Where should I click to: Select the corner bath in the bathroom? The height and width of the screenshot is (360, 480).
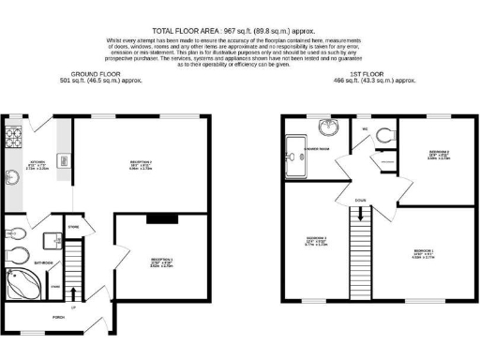(x=18, y=282)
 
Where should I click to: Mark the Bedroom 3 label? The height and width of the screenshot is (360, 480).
(x=316, y=239)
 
